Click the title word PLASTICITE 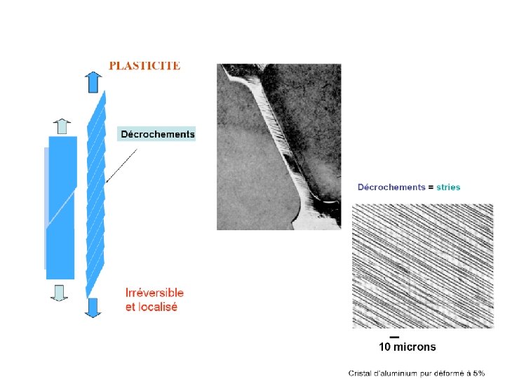point(144,66)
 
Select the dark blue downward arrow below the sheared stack point(93,307)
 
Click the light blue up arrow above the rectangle point(61,126)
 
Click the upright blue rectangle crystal point(61,207)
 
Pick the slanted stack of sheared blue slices point(95,193)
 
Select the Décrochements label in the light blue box point(157,133)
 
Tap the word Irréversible point(154,293)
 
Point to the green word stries point(448,187)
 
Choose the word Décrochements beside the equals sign point(391,187)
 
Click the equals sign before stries point(431,187)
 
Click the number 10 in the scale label point(385,347)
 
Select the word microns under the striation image point(415,347)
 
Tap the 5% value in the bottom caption point(478,373)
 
